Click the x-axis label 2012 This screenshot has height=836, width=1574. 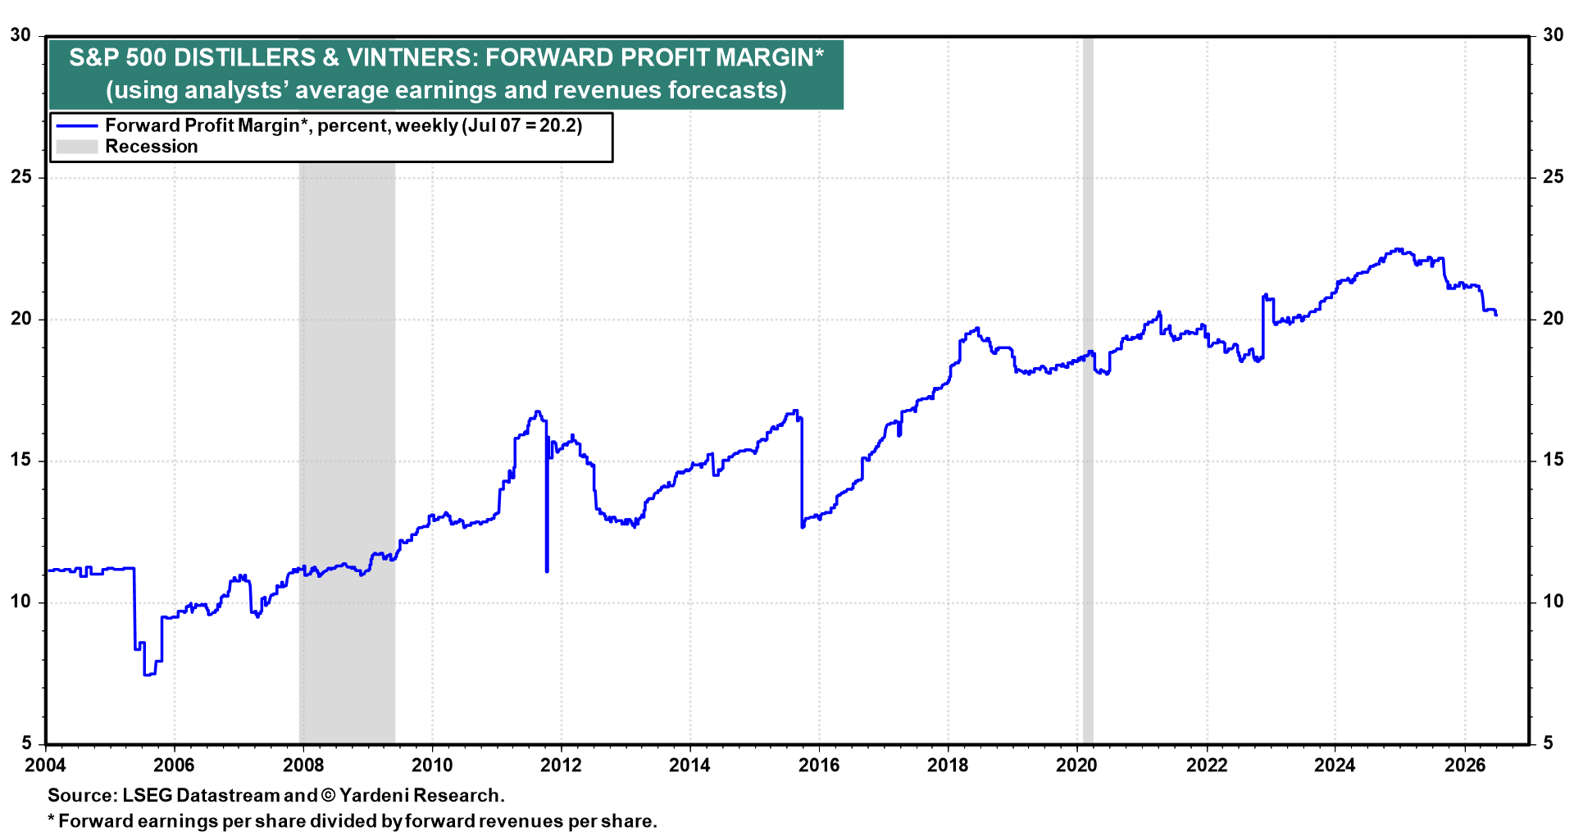point(561,766)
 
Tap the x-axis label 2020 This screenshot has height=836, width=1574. point(1077,766)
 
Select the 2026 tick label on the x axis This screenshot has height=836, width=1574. point(1465,766)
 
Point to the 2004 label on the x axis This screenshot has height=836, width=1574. point(45,766)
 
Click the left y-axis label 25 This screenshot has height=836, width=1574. point(20,177)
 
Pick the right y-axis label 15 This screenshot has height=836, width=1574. point(1554,460)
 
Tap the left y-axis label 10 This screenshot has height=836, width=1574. point(20,602)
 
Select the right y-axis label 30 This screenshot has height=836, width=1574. point(1554,35)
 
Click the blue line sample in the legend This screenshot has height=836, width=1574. point(76,126)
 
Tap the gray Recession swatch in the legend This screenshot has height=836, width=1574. point(76,147)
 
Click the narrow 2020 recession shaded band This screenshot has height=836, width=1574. point(1088,389)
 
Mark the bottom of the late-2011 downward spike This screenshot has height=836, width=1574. point(547,570)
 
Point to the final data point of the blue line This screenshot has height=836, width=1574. point(1496,315)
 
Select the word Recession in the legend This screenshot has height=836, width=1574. point(152,147)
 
